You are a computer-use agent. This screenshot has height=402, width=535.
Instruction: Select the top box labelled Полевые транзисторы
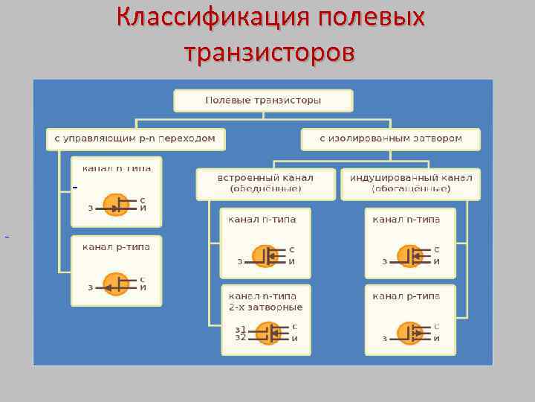click(263, 100)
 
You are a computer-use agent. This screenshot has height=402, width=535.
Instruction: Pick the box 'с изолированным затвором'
click(390, 138)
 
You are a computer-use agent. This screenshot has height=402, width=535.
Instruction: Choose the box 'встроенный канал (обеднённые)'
click(265, 183)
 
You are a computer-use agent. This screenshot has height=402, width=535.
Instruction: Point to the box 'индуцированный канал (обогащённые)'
click(410, 183)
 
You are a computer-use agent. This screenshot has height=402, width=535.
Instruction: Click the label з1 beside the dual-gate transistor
click(240, 328)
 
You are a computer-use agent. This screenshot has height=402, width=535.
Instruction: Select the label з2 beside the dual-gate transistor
click(240, 337)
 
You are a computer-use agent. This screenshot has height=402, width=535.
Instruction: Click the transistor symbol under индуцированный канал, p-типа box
click(409, 332)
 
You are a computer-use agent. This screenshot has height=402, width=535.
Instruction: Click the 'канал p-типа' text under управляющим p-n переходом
click(116, 247)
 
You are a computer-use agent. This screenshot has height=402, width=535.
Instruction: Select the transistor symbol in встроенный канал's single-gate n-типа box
click(265, 256)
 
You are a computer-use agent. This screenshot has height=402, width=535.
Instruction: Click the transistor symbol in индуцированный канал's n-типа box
click(409, 256)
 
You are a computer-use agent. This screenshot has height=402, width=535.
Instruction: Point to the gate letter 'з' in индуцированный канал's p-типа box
click(384, 339)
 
